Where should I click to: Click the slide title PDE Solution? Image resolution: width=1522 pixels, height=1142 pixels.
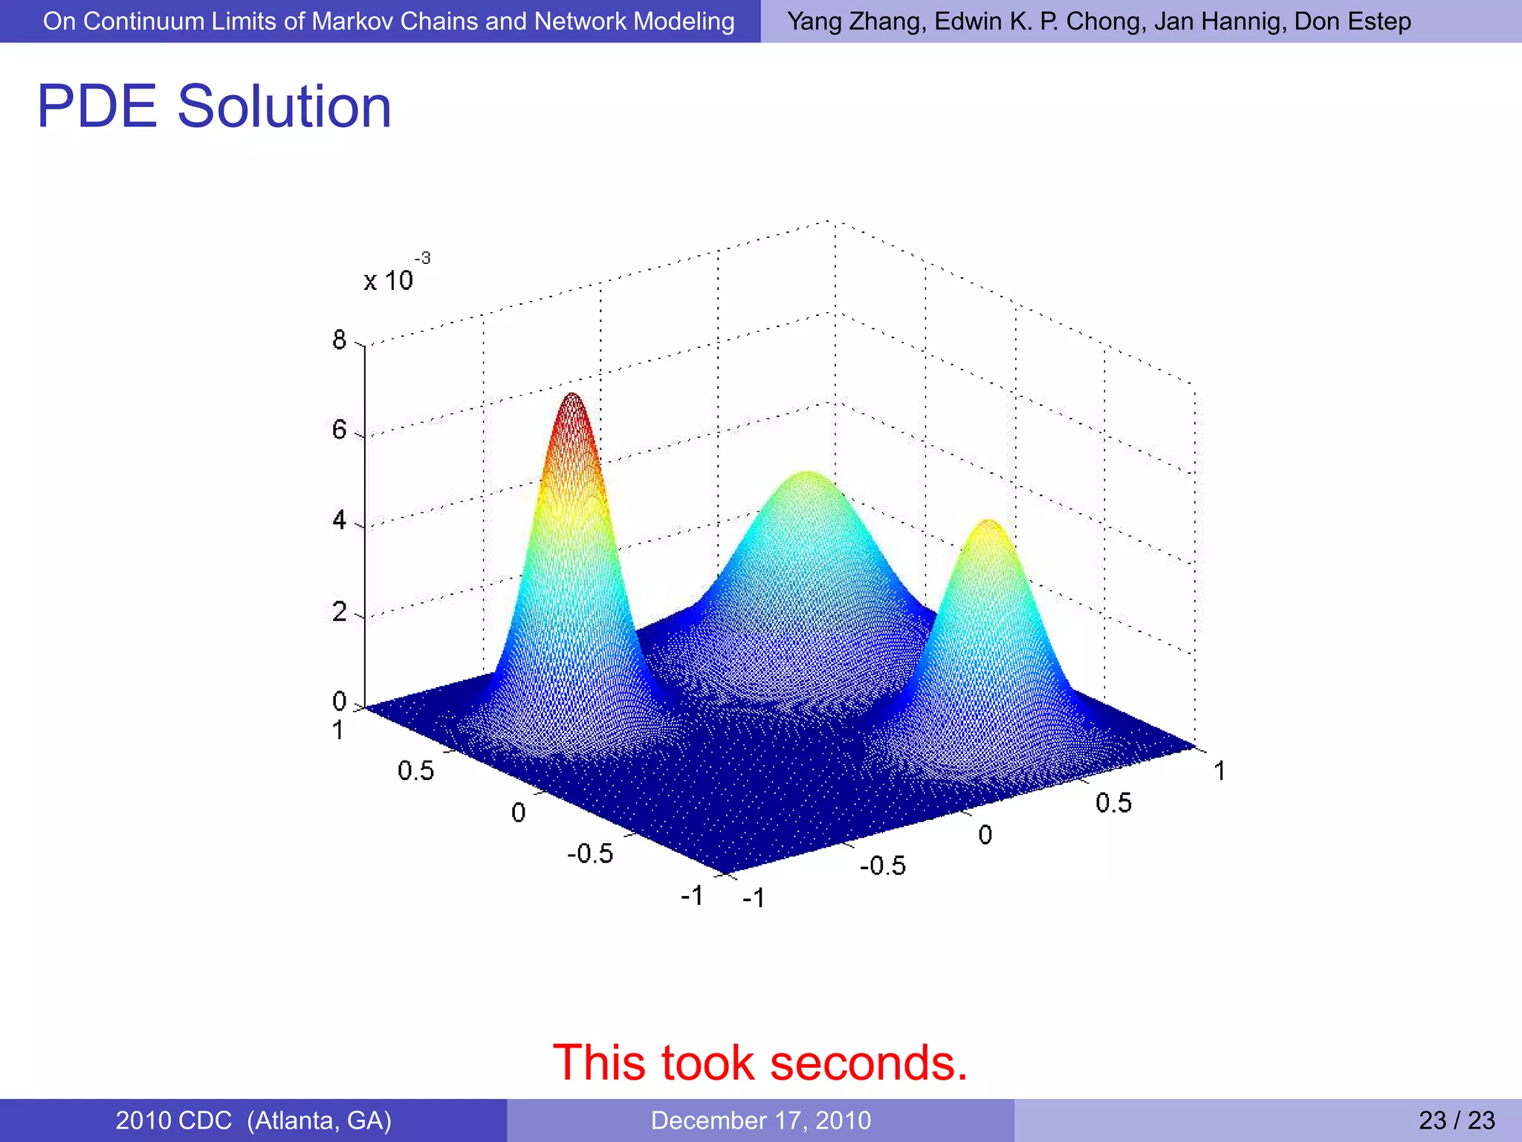[x=214, y=106]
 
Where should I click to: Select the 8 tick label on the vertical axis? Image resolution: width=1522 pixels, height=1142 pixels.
[x=340, y=340]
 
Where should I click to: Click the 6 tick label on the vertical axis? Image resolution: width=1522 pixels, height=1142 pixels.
[x=340, y=430]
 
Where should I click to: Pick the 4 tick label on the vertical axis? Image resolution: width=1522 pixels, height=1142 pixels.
[x=340, y=520]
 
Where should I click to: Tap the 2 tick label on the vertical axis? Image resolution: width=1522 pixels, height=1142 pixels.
[x=340, y=612]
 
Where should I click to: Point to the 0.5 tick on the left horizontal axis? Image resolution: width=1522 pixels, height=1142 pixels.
[x=415, y=770]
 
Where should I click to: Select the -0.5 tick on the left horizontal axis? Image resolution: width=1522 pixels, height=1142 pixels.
[x=590, y=854]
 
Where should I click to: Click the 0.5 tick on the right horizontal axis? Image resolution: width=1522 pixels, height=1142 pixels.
[x=1113, y=803]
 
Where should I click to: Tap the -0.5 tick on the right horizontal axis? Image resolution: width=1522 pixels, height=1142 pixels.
[x=883, y=865]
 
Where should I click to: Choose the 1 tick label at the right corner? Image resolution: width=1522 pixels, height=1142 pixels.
[x=1220, y=771]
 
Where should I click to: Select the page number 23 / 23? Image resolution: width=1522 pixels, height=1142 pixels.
[x=1457, y=1120]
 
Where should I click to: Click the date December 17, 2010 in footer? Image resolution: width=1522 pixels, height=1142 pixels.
[x=760, y=1120]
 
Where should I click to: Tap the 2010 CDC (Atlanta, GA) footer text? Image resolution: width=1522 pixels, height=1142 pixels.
[x=253, y=1120]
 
